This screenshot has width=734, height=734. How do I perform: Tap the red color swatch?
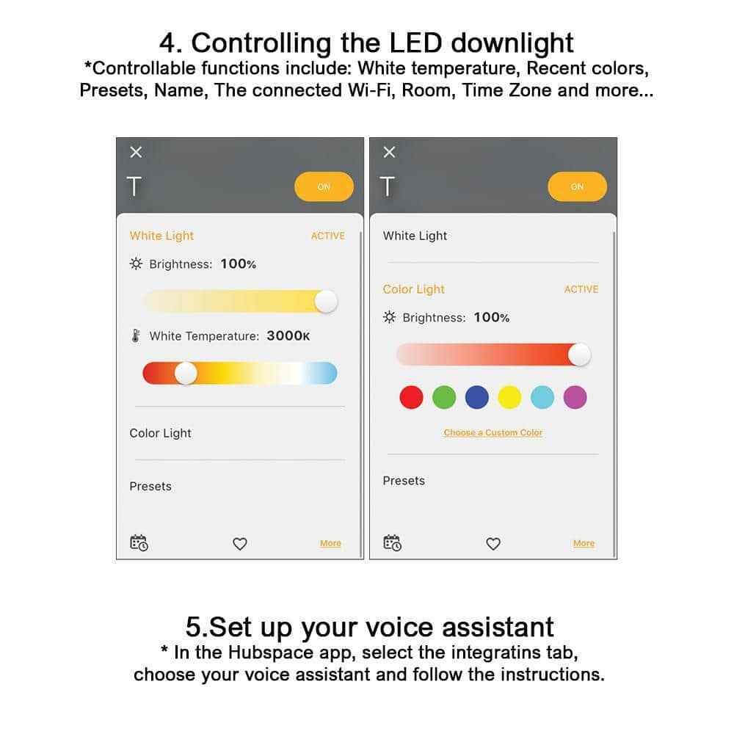pos(411,398)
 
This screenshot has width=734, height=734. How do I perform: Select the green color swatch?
pos(444,398)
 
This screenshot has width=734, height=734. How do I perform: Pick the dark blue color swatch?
pos(477,398)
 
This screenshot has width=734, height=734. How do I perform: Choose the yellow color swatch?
pos(509,398)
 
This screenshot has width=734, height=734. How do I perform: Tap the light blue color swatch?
pos(542,398)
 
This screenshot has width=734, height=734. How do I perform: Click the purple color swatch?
pos(575,398)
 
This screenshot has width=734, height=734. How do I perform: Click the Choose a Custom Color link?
pos(493,433)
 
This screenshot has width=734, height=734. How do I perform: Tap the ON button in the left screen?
pos(324,187)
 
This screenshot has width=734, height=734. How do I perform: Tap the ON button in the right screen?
pos(577,187)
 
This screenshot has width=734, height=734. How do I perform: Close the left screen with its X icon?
pos(136,152)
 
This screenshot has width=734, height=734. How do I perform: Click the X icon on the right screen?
pos(389,152)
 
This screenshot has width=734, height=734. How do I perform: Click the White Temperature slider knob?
pos(186,373)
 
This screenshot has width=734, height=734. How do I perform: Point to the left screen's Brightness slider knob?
pos(325,301)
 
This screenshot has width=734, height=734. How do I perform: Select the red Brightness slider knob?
pos(579,355)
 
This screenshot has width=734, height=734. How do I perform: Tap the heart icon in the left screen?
pos(240,544)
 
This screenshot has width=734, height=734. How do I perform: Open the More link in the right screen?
pos(584,544)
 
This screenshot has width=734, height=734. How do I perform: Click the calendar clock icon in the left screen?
pos(139,543)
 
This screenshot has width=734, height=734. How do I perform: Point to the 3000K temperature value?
pos(288,336)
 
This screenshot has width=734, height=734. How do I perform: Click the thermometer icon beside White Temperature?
pos(136,336)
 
